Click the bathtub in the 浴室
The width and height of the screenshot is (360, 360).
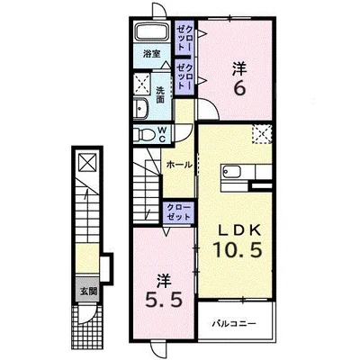[153, 31]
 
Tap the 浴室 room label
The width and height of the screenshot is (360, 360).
[151, 54]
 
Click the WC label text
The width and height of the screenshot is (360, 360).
[162, 134]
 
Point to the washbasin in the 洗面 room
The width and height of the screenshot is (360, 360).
[140, 107]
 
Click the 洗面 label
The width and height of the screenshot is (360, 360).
[160, 94]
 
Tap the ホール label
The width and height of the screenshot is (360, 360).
[179, 165]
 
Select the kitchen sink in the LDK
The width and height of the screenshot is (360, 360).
[231, 172]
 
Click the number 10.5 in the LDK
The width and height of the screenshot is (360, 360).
[238, 250]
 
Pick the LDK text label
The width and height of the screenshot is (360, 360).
[239, 230]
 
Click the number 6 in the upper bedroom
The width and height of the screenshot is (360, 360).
[239, 88]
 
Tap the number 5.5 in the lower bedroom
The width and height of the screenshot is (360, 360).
[164, 300]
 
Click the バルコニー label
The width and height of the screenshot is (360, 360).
[234, 324]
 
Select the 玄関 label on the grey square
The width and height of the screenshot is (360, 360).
[89, 291]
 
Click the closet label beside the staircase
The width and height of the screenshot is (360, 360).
[179, 212]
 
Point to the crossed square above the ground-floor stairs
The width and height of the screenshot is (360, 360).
[87, 162]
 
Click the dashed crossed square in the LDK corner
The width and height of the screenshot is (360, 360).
[262, 134]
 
